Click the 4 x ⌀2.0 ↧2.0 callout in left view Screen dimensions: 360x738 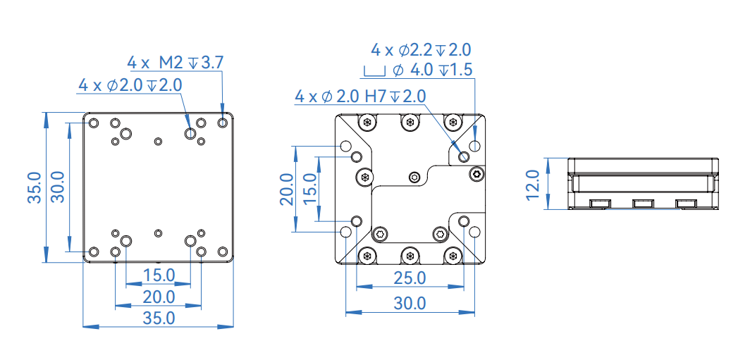(x=130, y=85)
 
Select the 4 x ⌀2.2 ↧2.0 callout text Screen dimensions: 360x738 (x=421, y=50)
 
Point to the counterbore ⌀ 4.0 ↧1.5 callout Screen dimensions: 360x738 (x=431, y=70)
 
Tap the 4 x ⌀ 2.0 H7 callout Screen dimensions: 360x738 (x=360, y=97)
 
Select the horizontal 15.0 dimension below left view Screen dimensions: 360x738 (x=158, y=275)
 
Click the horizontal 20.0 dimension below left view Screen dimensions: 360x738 (x=158, y=296)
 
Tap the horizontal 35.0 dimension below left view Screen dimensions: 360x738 (x=158, y=318)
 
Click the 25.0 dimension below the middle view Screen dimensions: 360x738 (x=410, y=278)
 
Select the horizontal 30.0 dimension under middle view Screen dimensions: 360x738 (x=410, y=304)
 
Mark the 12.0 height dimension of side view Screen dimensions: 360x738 (x=534, y=184)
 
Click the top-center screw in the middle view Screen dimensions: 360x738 (x=410, y=123)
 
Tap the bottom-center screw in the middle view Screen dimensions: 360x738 (x=410, y=256)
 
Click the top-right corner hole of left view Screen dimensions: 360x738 (x=223, y=123)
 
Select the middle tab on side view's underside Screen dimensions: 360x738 (x=642, y=204)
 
